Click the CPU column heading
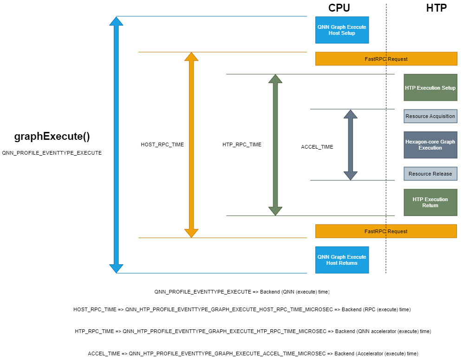click(x=339, y=8)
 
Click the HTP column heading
click(x=436, y=8)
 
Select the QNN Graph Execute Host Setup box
click(x=342, y=30)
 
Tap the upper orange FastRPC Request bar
click(x=386, y=59)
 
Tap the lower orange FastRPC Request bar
click(x=386, y=231)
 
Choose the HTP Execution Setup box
click(x=430, y=87)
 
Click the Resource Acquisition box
click(x=430, y=116)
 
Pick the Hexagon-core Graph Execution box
click(x=430, y=145)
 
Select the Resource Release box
click(x=430, y=174)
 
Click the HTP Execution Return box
click(x=430, y=203)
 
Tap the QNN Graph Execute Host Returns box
click(x=342, y=260)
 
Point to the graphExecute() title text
click(x=52, y=137)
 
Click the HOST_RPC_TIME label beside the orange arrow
click(x=162, y=145)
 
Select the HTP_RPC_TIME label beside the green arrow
click(x=241, y=145)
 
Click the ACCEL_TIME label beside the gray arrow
click(x=317, y=147)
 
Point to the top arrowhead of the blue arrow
click(x=116, y=21)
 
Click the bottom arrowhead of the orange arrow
click(x=191, y=233)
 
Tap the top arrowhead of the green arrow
click(x=275, y=79)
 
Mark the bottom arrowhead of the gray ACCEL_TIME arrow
click(x=351, y=175)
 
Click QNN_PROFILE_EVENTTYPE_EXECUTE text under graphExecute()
click(x=52, y=153)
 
